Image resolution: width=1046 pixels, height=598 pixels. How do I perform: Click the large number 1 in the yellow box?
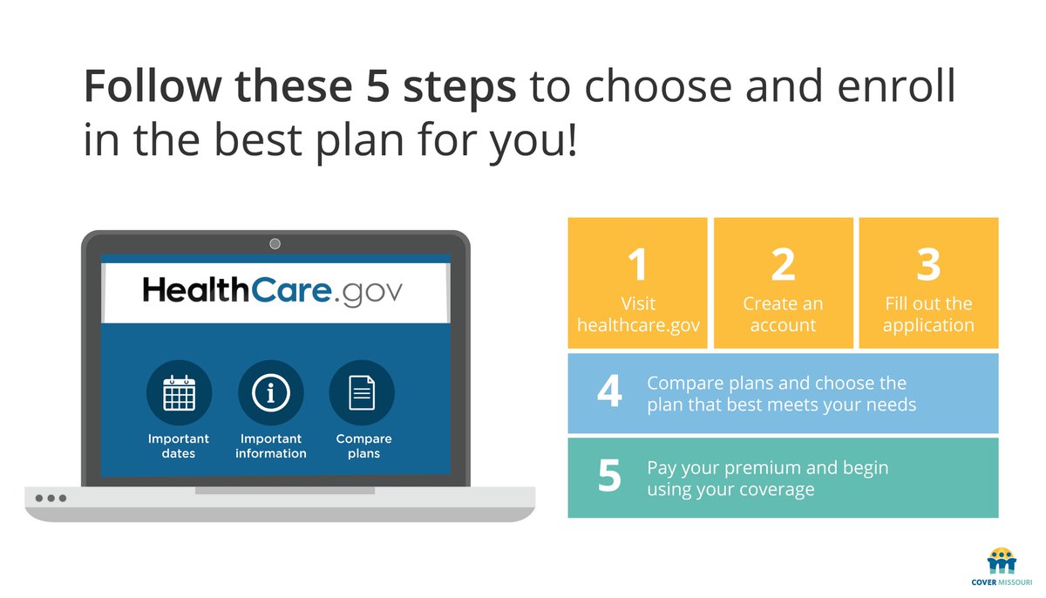click(637, 264)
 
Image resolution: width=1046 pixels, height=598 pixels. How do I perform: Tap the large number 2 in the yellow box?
click(783, 264)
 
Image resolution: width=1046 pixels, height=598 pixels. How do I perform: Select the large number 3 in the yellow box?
click(928, 264)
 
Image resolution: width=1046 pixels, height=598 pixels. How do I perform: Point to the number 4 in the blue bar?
click(609, 393)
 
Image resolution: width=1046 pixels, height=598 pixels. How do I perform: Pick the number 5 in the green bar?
click(609, 477)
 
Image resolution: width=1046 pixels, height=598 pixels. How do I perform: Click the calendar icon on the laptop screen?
click(180, 393)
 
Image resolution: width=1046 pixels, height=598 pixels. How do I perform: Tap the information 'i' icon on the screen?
click(270, 393)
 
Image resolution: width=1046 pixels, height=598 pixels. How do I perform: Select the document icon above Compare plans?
click(362, 393)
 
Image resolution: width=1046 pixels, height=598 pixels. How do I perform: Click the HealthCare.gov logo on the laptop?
click(273, 290)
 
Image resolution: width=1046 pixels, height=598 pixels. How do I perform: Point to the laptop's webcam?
click(275, 243)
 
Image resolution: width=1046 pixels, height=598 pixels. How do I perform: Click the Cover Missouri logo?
click(1002, 566)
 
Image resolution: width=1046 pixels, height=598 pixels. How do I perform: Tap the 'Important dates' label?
click(179, 446)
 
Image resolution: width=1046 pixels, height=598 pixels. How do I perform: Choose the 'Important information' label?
click(270, 446)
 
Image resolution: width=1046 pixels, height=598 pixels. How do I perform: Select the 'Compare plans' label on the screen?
click(363, 446)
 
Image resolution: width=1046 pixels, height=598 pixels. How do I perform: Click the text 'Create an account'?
click(783, 315)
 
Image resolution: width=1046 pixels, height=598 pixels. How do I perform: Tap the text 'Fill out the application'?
click(928, 315)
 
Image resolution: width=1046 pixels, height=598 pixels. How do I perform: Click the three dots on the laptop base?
click(51, 499)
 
